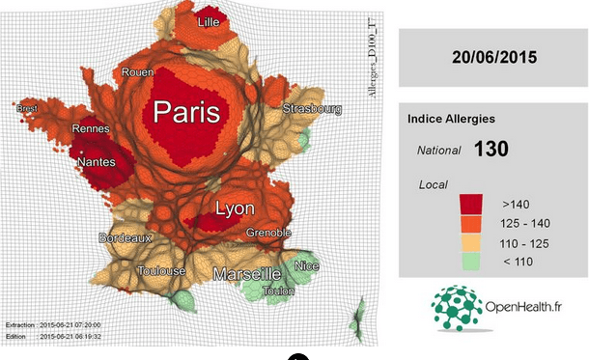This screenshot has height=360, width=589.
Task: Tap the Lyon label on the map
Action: (x=236, y=208)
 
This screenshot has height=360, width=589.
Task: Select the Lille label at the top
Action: (x=207, y=21)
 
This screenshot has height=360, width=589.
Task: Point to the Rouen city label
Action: (x=136, y=72)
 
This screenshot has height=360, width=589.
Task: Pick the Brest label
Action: (x=28, y=109)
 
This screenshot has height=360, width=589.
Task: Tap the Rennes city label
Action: (x=91, y=128)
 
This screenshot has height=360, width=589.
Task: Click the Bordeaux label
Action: (x=126, y=237)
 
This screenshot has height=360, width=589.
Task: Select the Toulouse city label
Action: (x=161, y=271)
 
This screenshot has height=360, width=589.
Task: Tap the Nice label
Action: (x=307, y=265)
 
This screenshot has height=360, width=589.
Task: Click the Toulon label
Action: (x=278, y=290)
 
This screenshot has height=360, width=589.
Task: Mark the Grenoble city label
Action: (x=268, y=233)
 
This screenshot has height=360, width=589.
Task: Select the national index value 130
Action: (x=491, y=150)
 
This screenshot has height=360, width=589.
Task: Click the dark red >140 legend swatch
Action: (x=471, y=204)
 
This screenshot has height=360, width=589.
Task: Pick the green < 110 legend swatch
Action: (x=471, y=260)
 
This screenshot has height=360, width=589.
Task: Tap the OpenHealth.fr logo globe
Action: (x=457, y=307)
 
